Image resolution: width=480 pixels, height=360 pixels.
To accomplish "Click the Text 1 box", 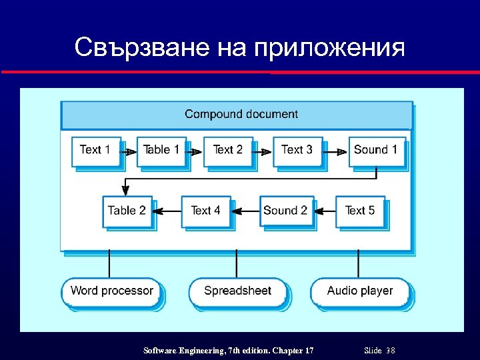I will click(x=96, y=151).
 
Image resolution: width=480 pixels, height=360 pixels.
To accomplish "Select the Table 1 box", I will click(x=161, y=151).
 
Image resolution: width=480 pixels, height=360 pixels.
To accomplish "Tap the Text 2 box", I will click(x=228, y=151).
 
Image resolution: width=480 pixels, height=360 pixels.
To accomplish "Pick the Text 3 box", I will click(x=297, y=151).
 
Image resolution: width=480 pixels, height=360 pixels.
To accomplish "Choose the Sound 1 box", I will click(x=375, y=151).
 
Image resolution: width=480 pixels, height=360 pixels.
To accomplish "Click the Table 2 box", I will click(x=127, y=211).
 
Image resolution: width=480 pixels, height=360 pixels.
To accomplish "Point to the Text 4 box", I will click(x=205, y=211).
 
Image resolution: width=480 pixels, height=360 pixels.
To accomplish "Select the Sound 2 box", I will click(x=285, y=211).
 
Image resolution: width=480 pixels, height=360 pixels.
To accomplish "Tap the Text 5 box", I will click(x=360, y=211).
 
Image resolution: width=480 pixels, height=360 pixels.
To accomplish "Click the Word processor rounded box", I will click(x=111, y=291).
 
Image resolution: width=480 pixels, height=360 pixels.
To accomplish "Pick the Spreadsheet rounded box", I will click(x=237, y=291).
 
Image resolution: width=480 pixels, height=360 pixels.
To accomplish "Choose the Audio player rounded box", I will click(x=359, y=291).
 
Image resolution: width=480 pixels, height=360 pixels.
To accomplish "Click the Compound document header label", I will click(x=241, y=115).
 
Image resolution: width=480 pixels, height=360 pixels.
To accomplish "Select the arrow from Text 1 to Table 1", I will click(x=129, y=152).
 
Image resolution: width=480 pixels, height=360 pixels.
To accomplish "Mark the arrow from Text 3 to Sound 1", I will click(x=336, y=152).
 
